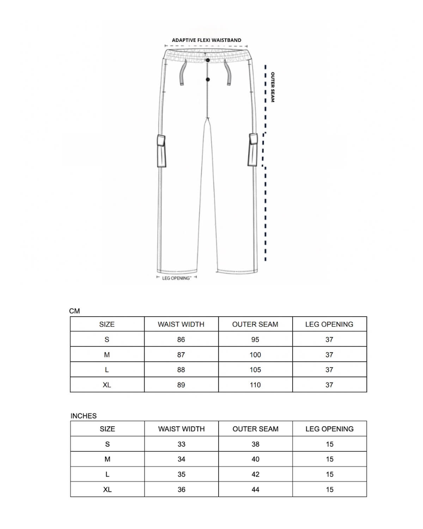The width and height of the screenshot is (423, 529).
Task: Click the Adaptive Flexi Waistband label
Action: coord(207,40)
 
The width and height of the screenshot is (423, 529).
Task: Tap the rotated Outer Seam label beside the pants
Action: coord(272,87)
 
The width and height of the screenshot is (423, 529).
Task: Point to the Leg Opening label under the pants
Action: coord(177,278)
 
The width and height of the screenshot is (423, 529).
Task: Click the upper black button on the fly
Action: coord(208,60)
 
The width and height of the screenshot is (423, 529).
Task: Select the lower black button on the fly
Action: coord(208,79)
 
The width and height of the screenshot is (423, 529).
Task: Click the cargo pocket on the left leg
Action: coord(161,151)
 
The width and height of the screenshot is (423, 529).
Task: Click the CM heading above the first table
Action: coord(74,311)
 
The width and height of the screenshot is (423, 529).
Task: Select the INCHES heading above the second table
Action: coord(84,416)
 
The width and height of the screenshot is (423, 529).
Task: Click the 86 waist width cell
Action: coord(181,340)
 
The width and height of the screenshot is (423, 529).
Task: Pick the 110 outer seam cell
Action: coord(255,385)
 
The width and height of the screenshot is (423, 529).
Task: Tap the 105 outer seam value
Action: coord(255,370)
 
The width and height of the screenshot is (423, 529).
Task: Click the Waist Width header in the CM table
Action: coord(181,324)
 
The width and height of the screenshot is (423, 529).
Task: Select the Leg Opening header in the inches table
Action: coord(330,429)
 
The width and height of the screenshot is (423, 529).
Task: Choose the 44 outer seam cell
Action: coord(256,490)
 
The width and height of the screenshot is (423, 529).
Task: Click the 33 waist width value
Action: coord(182,444)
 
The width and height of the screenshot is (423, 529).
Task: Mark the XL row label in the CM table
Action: coord(107,385)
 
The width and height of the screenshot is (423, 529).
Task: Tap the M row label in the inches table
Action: coord(108,460)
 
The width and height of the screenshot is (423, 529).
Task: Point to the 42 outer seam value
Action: coord(256,474)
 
